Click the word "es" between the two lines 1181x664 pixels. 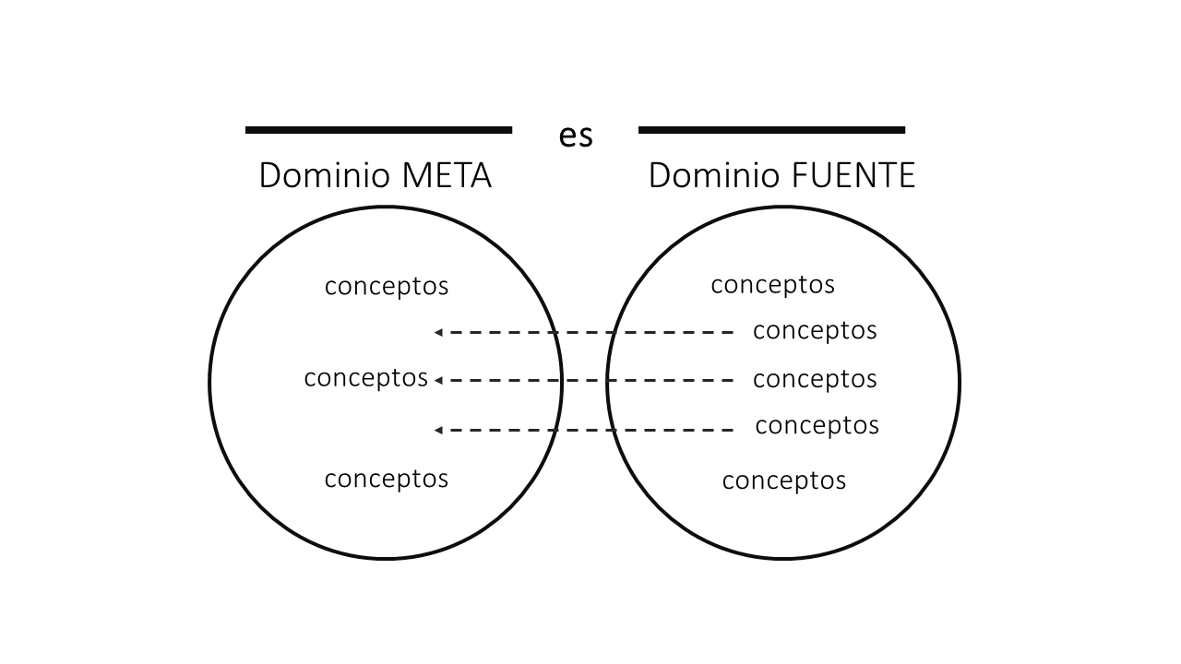pyautogui.click(x=575, y=136)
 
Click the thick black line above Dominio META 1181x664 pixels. pyautogui.click(x=378, y=130)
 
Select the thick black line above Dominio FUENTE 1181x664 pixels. pyautogui.click(x=771, y=130)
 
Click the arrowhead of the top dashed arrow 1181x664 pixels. pyautogui.click(x=438, y=332)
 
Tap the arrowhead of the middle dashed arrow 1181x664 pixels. pyautogui.click(x=438, y=380)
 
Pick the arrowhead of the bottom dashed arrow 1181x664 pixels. pyautogui.click(x=438, y=430)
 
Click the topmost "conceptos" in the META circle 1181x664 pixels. pyautogui.click(x=387, y=287)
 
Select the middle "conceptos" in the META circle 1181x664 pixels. pyautogui.click(x=365, y=378)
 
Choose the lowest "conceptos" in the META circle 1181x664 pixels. pyautogui.click(x=387, y=479)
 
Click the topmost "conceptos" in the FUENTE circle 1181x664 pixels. pyautogui.click(x=772, y=285)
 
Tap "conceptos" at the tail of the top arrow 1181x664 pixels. pyautogui.click(x=815, y=330)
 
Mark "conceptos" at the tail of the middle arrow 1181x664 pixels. pyautogui.click(x=815, y=379)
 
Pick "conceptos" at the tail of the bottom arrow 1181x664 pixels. pyautogui.click(x=817, y=425)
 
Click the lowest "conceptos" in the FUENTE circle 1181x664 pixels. pyautogui.click(x=783, y=480)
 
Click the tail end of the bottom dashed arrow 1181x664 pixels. pyautogui.click(x=732, y=430)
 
